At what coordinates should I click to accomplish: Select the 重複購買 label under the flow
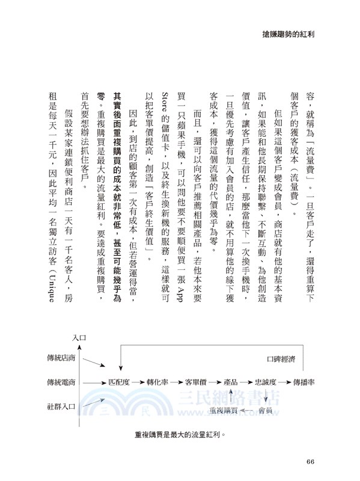(224, 410)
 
